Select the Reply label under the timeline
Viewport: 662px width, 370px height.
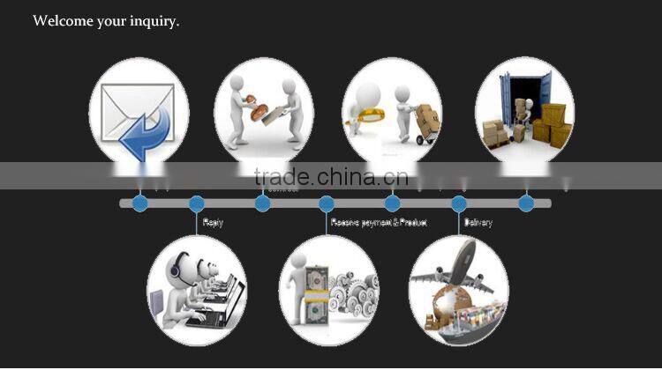[x=213, y=223]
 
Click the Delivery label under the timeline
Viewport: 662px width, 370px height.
[x=478, y=223]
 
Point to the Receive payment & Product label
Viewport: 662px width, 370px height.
[x=379, y=223]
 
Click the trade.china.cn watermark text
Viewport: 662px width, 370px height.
[x=330, y=176]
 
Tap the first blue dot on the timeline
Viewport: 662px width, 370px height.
[x=139, y=203]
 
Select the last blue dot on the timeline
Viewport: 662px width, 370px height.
[x=526, y=203]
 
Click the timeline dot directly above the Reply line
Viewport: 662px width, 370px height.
[x=196, y=203]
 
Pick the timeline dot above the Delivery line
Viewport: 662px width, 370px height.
[x=459, y=203]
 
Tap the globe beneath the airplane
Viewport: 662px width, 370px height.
[x=441, y=300]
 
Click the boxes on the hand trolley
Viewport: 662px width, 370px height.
[x=427, y=117]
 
